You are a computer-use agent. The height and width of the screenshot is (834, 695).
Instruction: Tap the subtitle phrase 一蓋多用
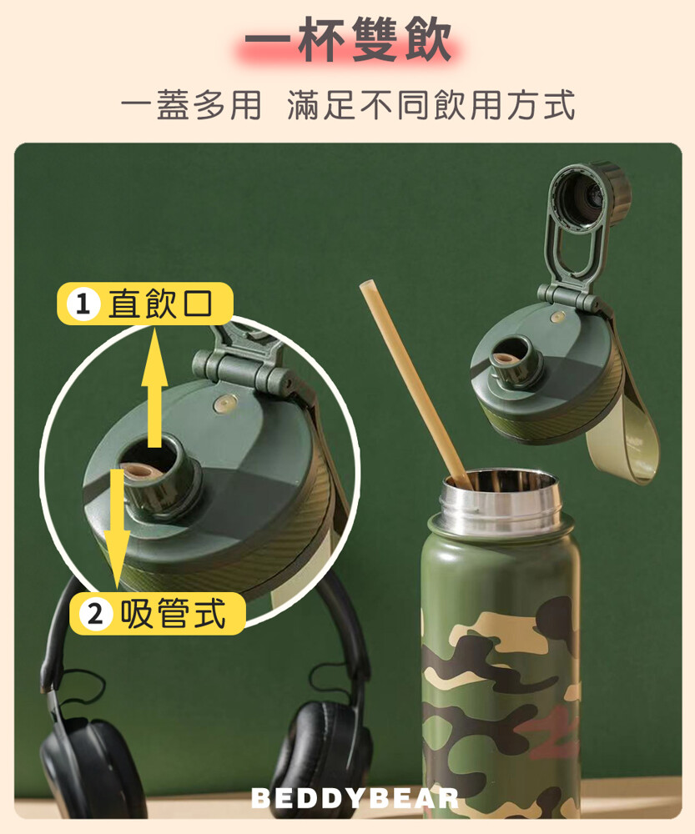click(x=192, y=105)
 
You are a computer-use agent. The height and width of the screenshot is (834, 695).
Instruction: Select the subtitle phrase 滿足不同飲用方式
click(x=431, y=105)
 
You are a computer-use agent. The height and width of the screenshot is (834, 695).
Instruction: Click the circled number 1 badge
click(x=83, y=304)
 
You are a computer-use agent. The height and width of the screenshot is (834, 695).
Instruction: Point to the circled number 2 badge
click(x=95, y=615)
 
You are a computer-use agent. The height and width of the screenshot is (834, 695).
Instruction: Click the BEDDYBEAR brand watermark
click(x=355, y=798)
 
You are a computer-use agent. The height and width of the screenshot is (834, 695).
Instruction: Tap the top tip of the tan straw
click(x=366, y=285)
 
